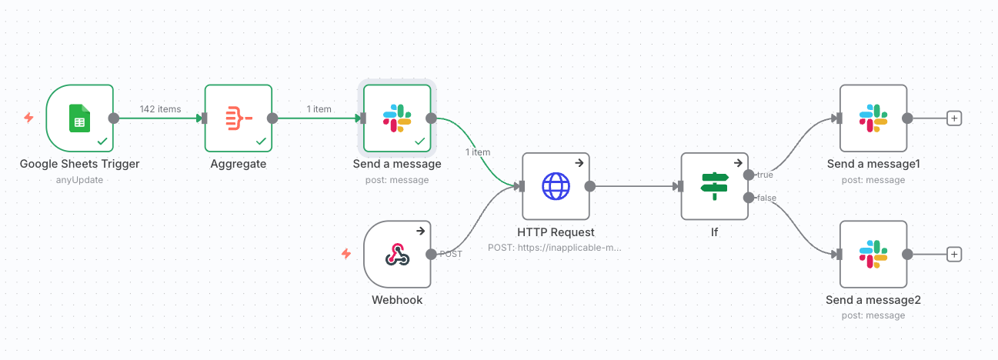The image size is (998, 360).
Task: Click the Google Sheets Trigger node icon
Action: point(80,118)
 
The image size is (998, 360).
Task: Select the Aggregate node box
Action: point(239,118)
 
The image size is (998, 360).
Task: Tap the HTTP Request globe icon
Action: point(556,186)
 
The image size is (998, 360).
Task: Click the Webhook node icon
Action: point(397,255)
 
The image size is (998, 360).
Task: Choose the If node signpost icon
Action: point(714,186)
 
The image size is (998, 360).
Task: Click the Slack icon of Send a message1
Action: point(873,118)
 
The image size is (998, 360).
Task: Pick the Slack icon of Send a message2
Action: point(873,255)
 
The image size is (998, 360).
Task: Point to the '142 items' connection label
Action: point(160,109)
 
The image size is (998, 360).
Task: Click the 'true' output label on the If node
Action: point(765,175)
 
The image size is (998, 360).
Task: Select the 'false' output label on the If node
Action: point(766,198)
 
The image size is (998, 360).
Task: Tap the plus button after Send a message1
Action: point(954,118)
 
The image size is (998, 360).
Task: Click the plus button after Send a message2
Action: point(954,255)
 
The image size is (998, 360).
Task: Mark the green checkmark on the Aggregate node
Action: point(261,142)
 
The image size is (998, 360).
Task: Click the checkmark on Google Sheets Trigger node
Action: point(102,142)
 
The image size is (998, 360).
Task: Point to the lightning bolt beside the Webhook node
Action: point(346,254)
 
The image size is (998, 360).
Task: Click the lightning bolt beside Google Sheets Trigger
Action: point(28,118)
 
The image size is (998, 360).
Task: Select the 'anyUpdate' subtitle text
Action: point(79,180)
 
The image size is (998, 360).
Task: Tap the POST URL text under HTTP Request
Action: point(554,248)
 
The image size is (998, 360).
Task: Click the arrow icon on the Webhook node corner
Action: point(421,231)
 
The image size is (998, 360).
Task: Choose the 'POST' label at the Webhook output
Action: point(451,254)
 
